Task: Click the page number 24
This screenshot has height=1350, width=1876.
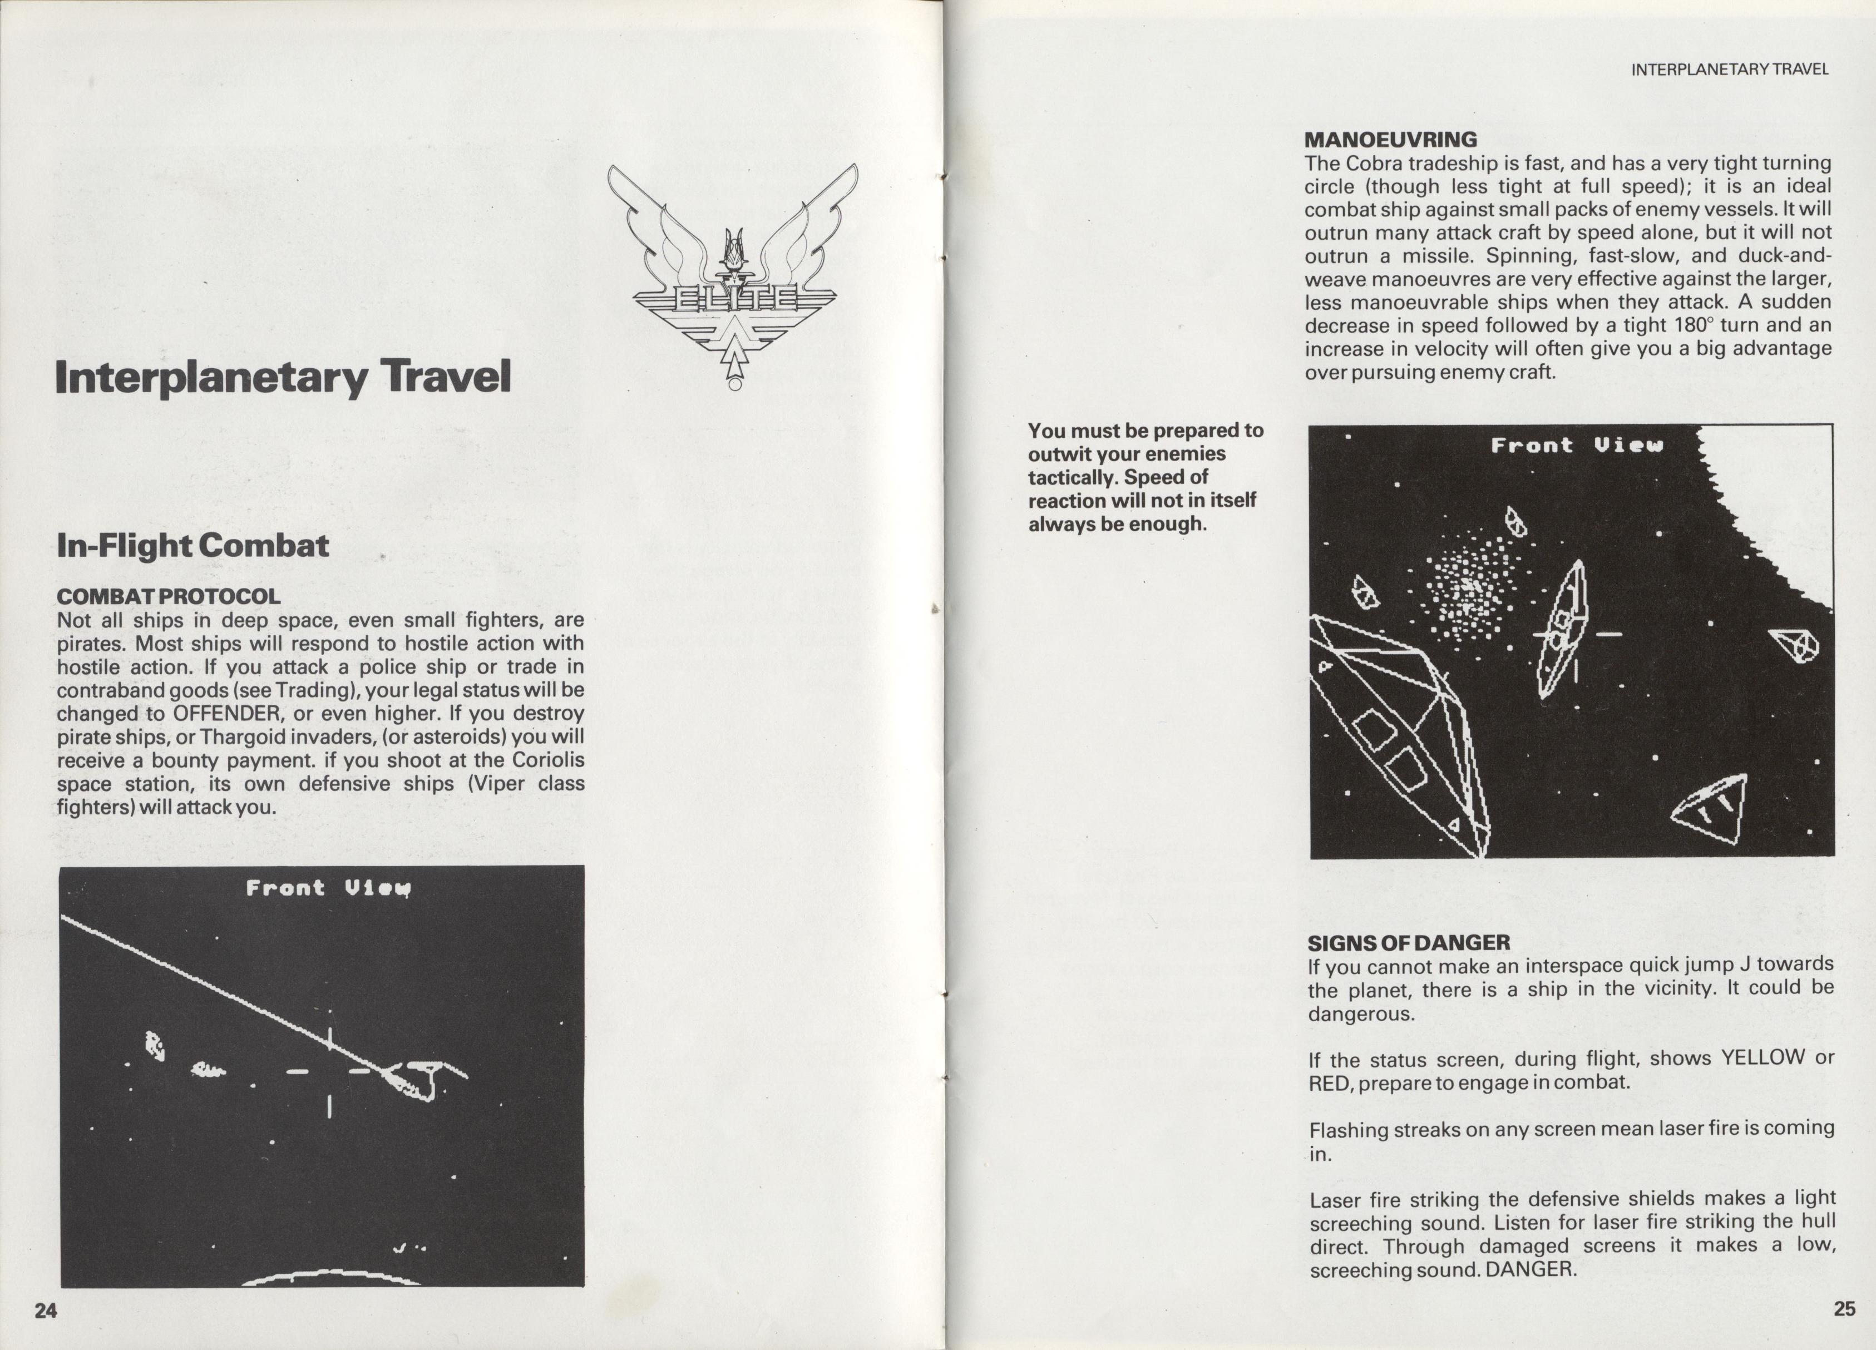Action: click(46, 1311)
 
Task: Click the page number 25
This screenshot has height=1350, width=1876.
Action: click(1844, 1309)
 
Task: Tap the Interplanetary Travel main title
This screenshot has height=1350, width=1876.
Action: click(283, 377)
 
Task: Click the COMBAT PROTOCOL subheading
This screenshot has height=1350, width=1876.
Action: click(169, 596)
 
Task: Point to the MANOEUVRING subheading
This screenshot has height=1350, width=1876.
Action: click(1390, 140)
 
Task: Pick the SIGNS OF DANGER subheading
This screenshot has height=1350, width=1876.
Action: click(1409, 943)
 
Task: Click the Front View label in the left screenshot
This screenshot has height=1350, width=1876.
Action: click(328, 888)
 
